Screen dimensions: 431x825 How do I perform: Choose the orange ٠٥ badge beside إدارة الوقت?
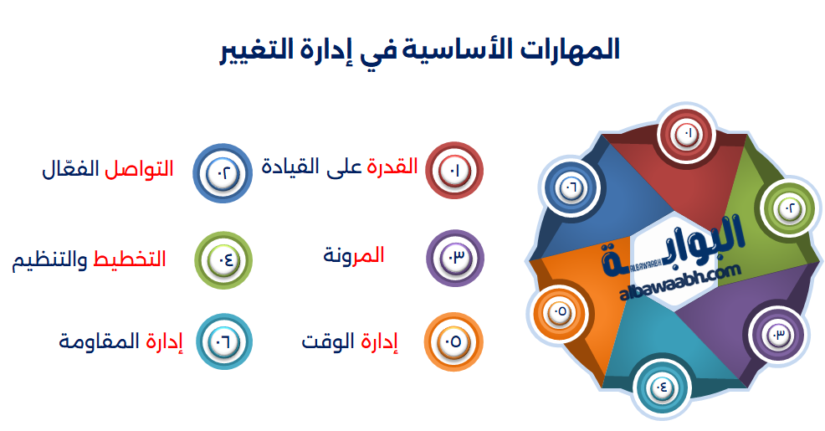(x=453, y=341)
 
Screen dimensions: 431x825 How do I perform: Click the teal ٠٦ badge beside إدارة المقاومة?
(x=223, y=341)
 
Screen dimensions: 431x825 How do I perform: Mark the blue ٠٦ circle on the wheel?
(x=571, y=187)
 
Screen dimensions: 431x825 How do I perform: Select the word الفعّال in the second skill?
(x=70, y=169)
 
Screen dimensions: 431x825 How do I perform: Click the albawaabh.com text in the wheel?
(x=681, y=279)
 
